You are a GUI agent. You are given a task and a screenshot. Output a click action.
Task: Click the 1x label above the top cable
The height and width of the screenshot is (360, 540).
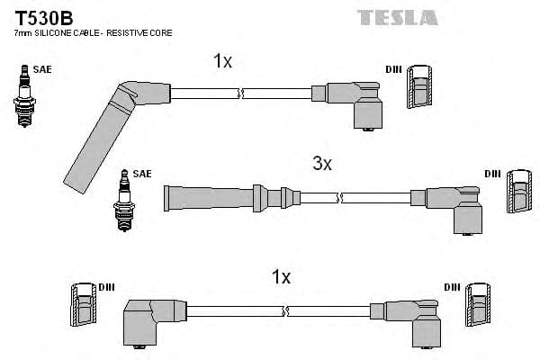(x=222, y=60)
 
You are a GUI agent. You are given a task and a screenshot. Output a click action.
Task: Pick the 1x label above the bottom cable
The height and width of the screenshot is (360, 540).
(x=281, y=277)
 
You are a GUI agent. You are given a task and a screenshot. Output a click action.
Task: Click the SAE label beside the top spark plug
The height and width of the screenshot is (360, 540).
(x=41, y=67)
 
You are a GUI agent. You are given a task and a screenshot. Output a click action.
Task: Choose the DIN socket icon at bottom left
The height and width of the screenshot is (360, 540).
(x=82, y=307)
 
